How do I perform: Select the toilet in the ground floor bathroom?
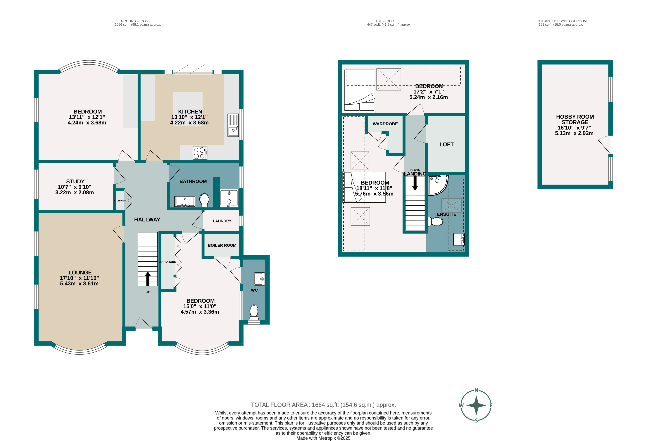click(205, 200)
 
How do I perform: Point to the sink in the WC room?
click(259, 279)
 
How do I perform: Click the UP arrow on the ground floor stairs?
click(148, 279)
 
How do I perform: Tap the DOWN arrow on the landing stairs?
click(415, 183)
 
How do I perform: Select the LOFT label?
click(446, 144)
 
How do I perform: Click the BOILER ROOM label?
click(222, 245)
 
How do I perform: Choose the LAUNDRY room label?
click(222, 221)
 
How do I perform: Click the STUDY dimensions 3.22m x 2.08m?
click(75, 192)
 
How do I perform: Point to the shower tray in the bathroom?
click(229, 198)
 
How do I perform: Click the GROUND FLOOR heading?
click(134, 21)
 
